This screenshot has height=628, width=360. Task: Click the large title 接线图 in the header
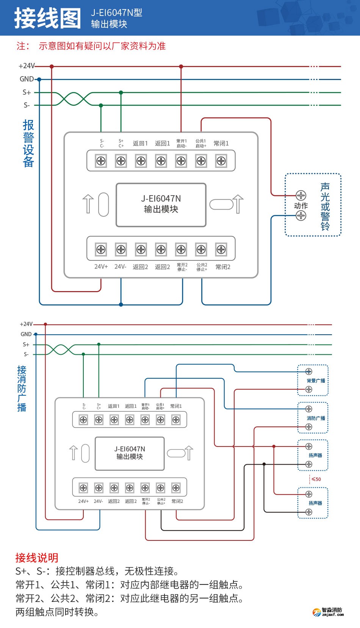click(48, 18)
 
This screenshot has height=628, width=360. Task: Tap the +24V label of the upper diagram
click(27, 66)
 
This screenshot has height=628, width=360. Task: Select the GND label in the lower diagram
click(26, 334)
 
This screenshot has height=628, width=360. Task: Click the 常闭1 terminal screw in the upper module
click(221, 161)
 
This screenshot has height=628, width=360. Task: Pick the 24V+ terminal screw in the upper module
click(101, 249)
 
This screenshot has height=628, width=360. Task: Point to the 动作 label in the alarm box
click(301, 206)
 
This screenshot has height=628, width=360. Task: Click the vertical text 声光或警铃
click(325, 207)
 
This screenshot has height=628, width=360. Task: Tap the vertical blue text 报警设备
click(28, 143)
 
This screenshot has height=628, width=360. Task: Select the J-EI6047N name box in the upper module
click(161, 205)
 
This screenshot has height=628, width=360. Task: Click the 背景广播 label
click(316, 381)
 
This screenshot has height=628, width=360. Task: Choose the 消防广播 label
click(316, 418)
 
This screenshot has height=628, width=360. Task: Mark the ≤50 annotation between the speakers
click(316, 479)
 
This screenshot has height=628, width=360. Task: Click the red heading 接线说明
click(37, 558)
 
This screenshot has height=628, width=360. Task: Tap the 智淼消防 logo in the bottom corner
click(328, 612)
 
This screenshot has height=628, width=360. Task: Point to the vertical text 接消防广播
click(22, 388)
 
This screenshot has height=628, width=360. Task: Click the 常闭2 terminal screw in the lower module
click(176, 488)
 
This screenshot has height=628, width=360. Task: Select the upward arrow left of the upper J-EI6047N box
click(88, 204)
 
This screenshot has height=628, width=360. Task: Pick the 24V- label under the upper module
click(120, 267)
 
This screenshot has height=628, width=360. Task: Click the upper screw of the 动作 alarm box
click(301, 196)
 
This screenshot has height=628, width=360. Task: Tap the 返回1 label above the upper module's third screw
click(140, 143)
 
